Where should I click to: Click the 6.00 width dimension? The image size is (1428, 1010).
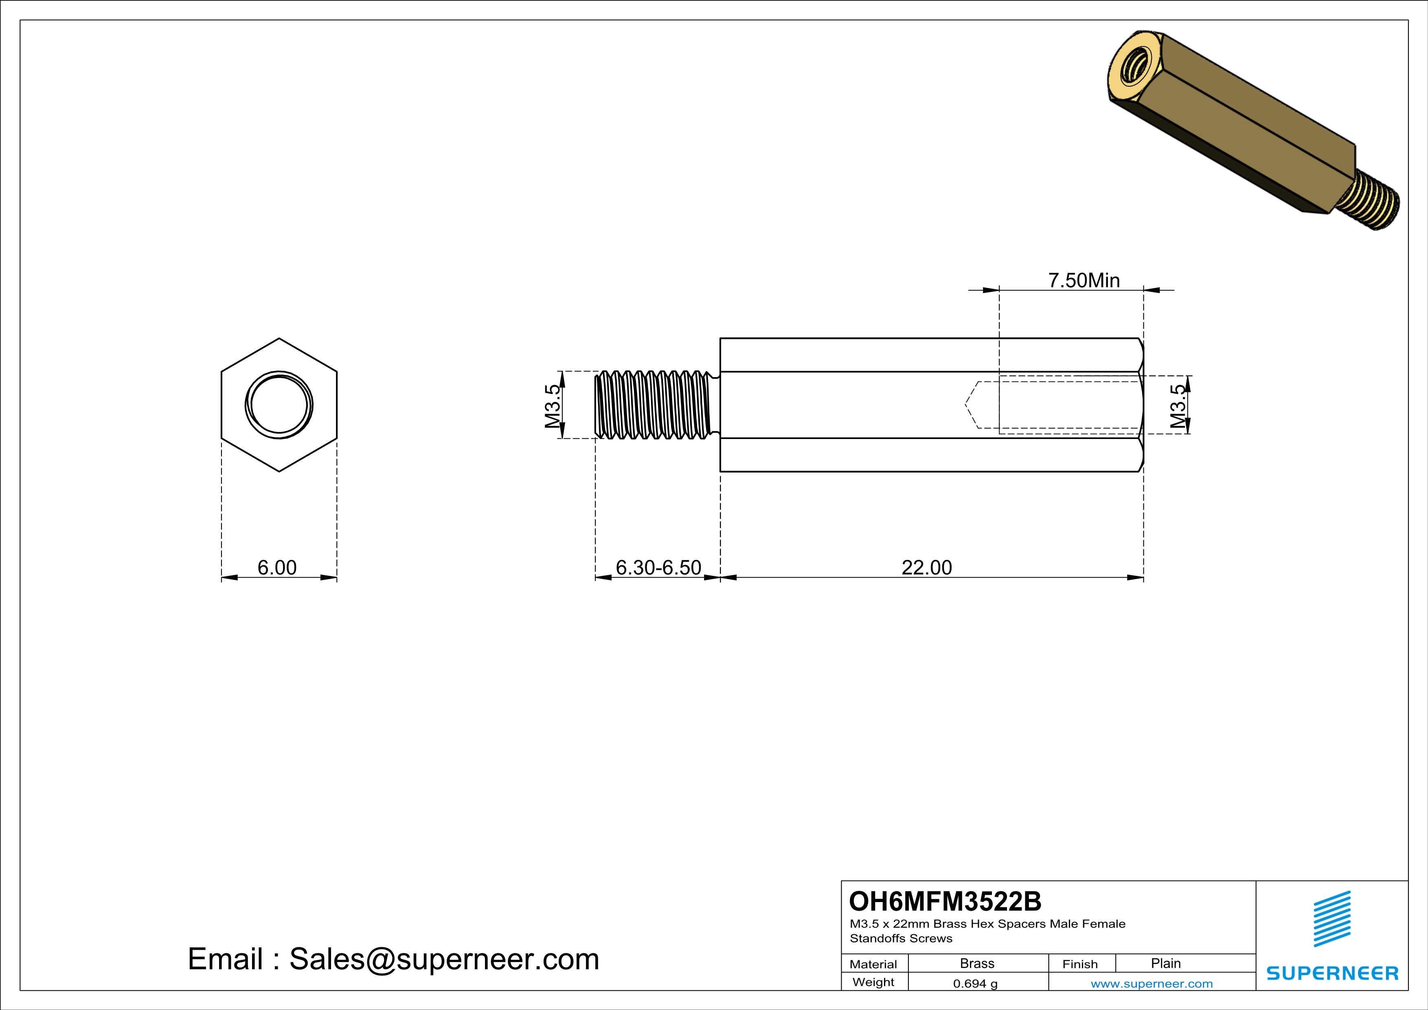point(277,567)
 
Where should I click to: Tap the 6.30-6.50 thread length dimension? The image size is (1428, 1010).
point(658,567)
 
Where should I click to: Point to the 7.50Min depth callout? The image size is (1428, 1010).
point(1084,281)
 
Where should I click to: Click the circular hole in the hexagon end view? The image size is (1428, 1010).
point(279,405)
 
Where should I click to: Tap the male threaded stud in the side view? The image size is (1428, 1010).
point(653,405)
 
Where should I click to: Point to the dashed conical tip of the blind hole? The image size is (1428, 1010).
point(971,405)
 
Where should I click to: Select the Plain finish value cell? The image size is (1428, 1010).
point(1165,963)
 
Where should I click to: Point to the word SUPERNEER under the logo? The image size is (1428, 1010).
point(1332,973)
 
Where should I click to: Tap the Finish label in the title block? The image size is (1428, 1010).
point(1080,964)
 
